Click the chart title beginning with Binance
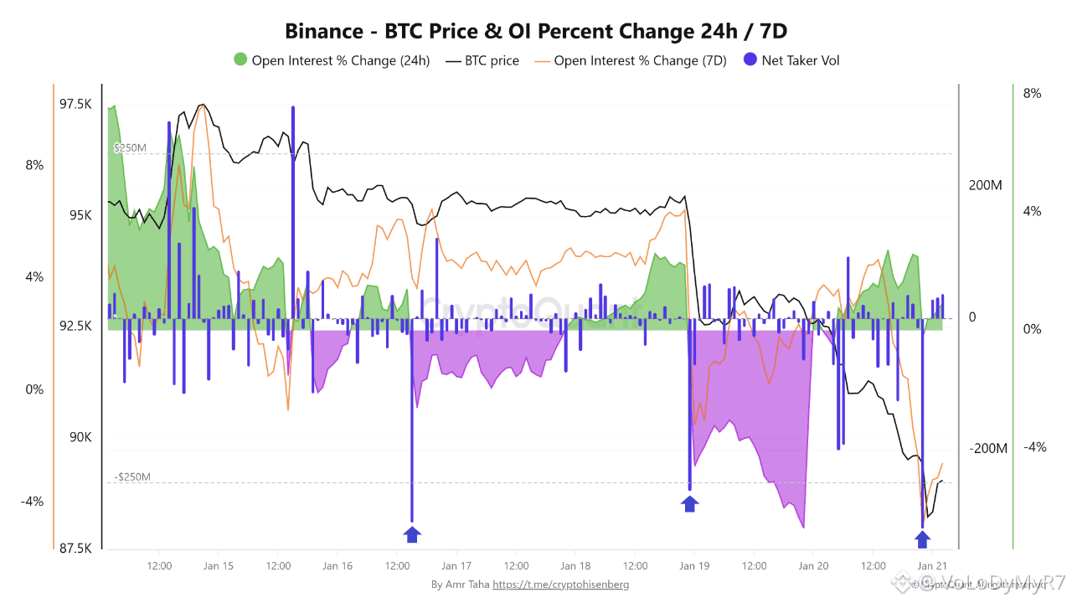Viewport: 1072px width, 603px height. point(536,32)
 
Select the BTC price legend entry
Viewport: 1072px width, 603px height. point(482,60)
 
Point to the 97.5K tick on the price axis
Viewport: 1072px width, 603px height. point(75,104)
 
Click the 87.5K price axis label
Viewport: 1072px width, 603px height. point(75,549)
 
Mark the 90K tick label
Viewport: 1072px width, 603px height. point(81,437)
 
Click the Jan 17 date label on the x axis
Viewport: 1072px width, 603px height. point(456,566)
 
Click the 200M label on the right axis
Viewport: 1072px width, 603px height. point(985,185)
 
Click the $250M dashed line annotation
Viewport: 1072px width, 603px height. point(130,148)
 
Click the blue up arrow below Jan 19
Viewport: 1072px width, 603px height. point(689,503)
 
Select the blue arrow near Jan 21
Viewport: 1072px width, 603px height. point(922,539)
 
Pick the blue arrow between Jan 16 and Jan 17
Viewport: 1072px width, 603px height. point(412,534)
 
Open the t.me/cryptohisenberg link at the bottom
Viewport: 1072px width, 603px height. point(560,584)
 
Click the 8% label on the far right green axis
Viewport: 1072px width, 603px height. point(1032,94)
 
